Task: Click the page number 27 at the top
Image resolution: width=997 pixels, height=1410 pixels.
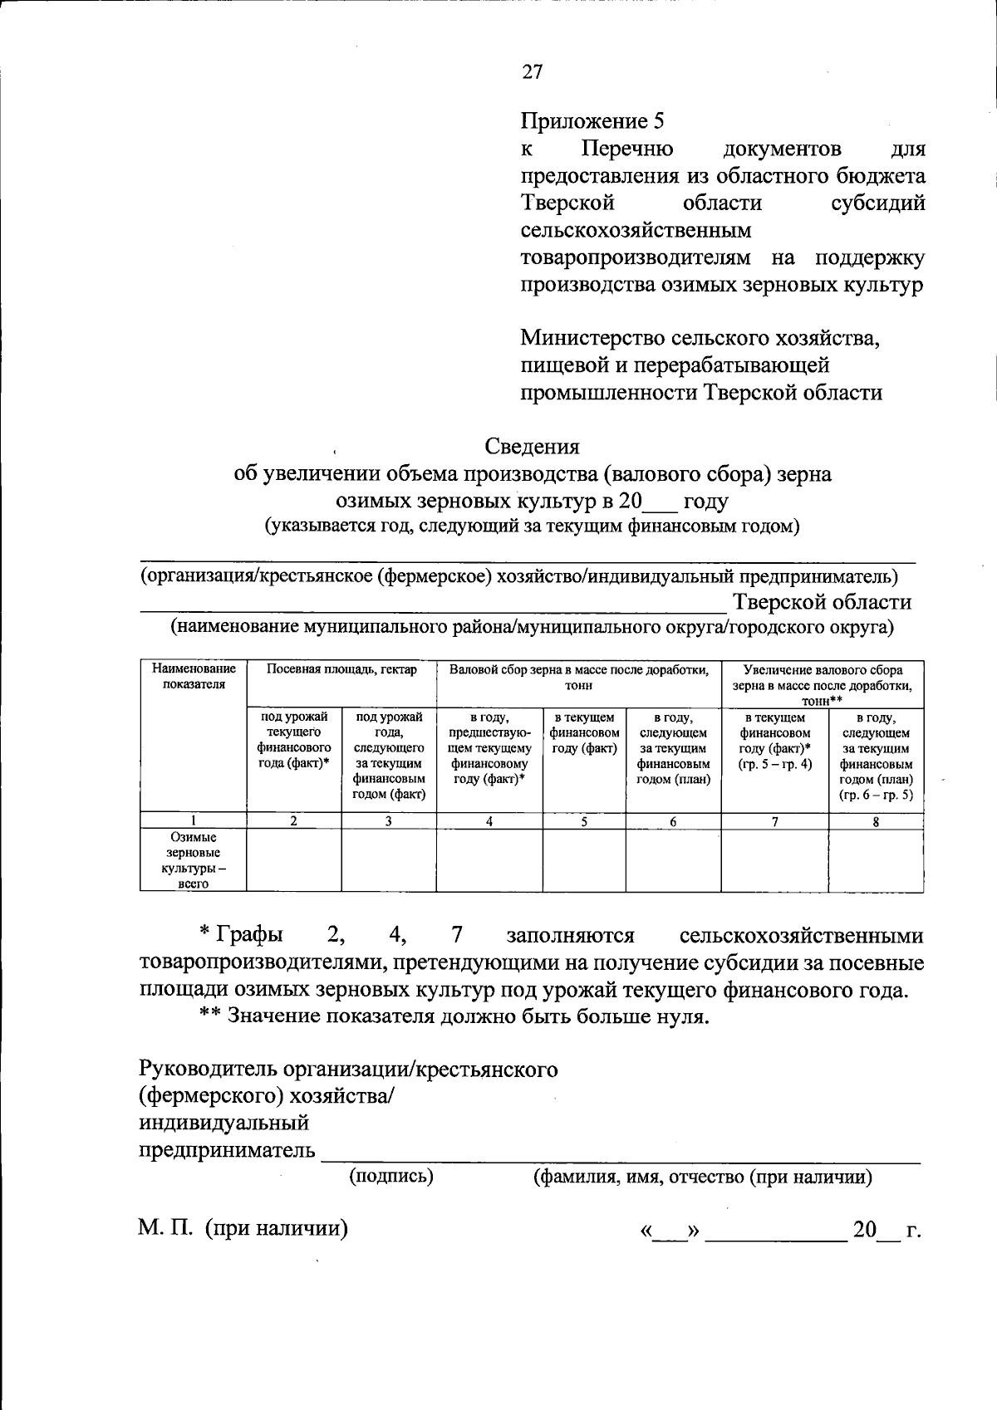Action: click(x=532, y=72)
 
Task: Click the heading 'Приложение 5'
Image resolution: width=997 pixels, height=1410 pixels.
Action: click(x=592, y=121)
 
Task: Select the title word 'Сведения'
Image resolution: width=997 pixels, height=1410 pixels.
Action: click(x=532, y=447)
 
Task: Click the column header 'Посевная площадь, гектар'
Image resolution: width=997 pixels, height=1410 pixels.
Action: click(x=341, y=670)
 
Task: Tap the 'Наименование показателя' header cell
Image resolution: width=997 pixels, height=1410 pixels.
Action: click(x=193, y=677)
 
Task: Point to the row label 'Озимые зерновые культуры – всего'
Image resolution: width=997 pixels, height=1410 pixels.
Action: click(x=193, y=861)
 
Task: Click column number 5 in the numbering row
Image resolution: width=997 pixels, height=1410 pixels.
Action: click(x=584, y=821)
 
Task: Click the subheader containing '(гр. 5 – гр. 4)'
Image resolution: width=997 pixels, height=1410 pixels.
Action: click(x=774, y=741)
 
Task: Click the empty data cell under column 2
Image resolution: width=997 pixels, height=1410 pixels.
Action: click(x=294, y=861)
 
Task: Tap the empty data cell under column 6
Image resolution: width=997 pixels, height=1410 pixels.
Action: click(x=673, y=861)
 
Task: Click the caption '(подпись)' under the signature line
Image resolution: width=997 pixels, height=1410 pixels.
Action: click(x=391, y=1176)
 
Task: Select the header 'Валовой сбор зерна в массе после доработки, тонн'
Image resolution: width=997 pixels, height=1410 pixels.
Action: click(x=579, y=677)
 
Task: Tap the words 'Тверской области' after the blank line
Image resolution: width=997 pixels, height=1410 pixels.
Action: click(x=822, y=602)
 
